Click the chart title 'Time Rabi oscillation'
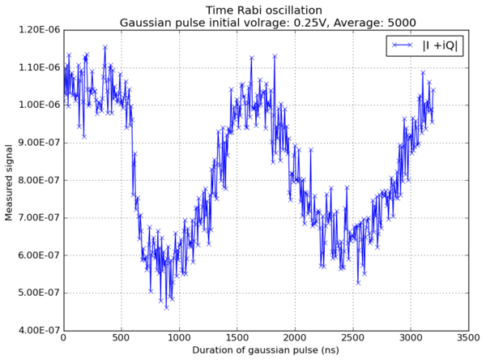[x=264, y=11]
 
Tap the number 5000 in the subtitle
[x=402, y=23]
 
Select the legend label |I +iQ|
[x=440, y=45]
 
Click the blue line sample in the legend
[x=403, y=45]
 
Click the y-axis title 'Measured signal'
[x=9, y=182]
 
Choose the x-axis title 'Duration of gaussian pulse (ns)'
[x=266, y=350]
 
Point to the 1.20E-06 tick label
[x=40, y=30]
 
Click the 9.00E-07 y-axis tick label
[x=40, y=143]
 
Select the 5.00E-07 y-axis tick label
[x=40, y=293]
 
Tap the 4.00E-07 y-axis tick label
[x=40, y=330]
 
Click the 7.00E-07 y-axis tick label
[x=40, y=218]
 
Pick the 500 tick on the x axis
[x=122, y=338]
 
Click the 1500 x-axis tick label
[x=237, y=338]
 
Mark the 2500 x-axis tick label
[x=352, y=338]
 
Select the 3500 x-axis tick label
[x=468, y=338]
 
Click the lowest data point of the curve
[x=166, y=307]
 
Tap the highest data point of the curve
[x=105, y=47]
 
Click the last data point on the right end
[x=433, y=90]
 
